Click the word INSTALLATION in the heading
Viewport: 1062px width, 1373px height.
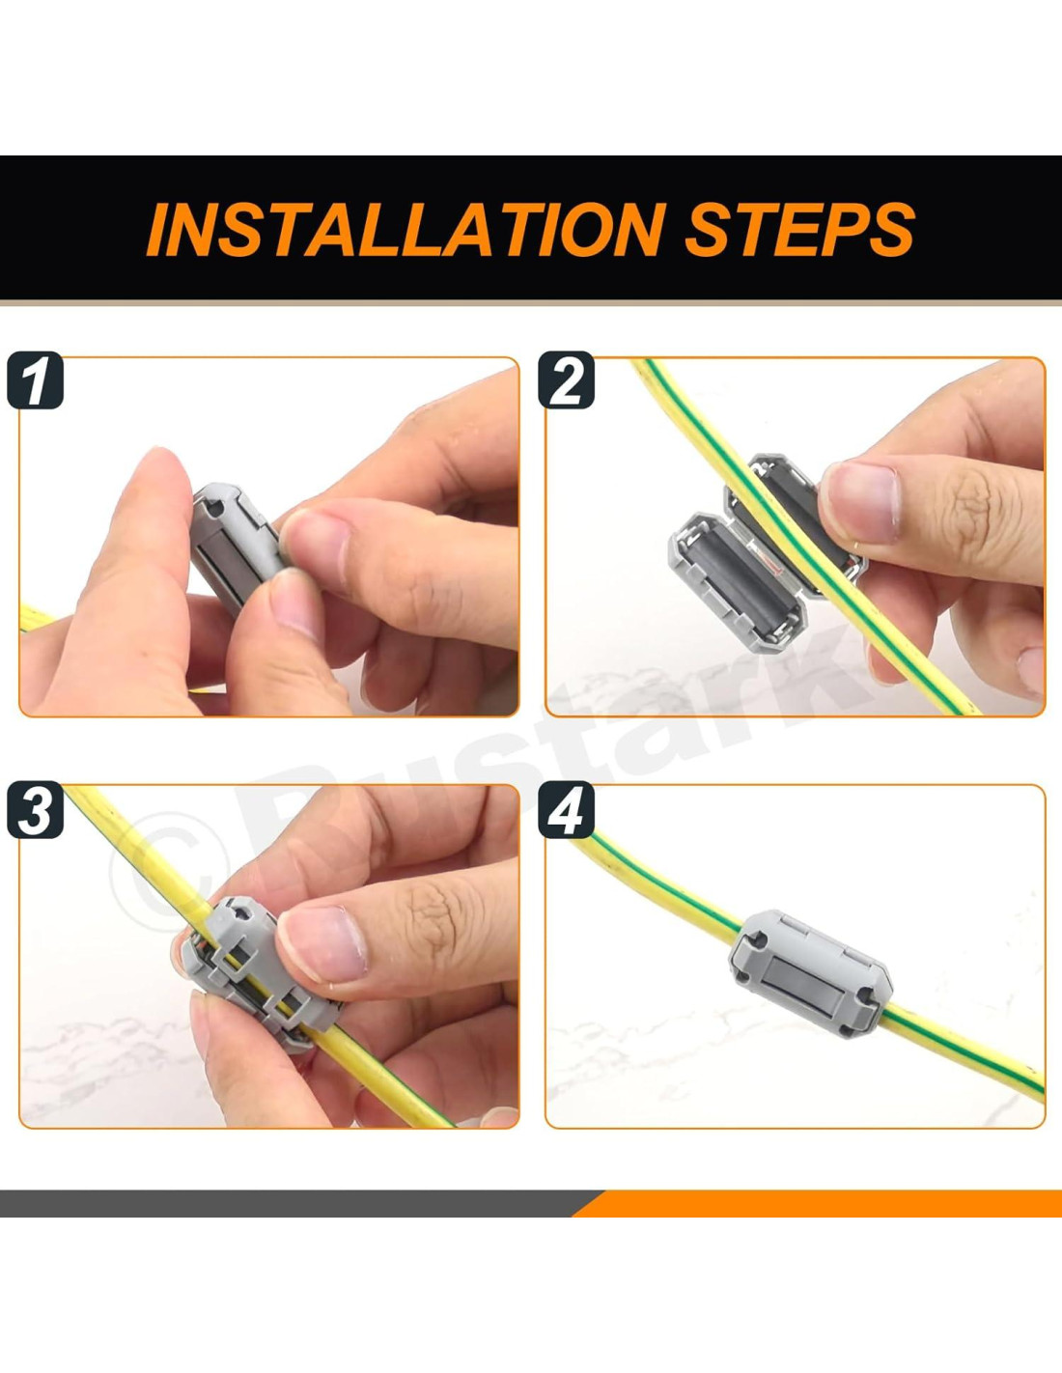pos(405,229)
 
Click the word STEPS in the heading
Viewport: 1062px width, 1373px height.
pos(800,229)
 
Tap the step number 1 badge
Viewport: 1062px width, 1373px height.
pos(36,380)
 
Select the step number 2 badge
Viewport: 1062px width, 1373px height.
pos(566,380)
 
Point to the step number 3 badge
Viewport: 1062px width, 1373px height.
pos(36,809)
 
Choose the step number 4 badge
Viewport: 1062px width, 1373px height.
pos(566,809)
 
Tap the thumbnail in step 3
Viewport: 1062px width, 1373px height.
pos(322,943)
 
